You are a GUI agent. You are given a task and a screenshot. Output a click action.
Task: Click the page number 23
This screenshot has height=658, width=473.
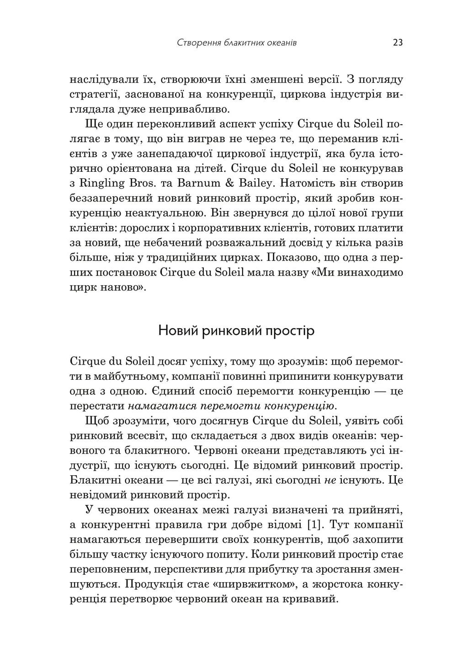click(397, 43)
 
